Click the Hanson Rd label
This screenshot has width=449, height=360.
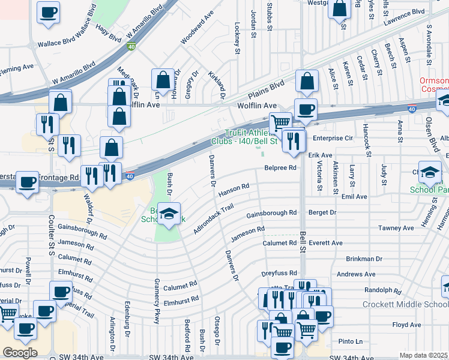coord(234,190)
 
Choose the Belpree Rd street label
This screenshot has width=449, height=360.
coord(280,168)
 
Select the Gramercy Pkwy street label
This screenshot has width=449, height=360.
coord(157,301)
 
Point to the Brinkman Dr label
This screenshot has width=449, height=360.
coord(364,259)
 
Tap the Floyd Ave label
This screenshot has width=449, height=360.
coord(406,325)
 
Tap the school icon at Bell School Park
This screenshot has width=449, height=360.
coord(169,215)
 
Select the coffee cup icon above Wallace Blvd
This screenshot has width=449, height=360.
coord(49,12)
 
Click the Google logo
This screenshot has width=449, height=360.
coord(20,353)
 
